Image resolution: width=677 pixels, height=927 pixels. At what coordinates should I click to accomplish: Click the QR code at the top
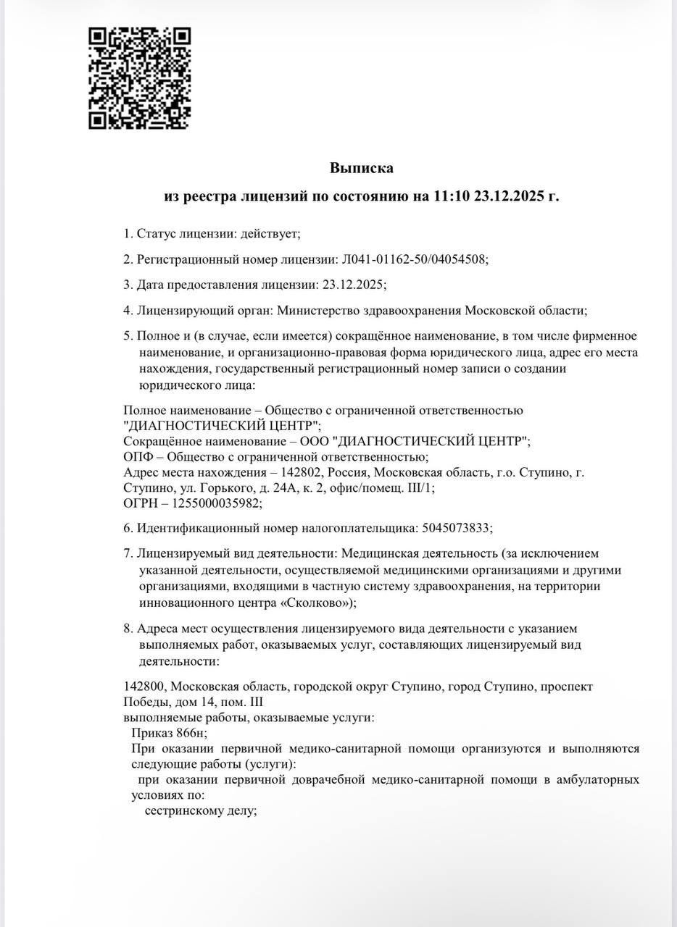pos(139,78)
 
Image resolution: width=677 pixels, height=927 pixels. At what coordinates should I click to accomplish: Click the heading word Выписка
pos(362,168)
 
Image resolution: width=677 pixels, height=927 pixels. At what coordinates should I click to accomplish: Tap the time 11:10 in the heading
pos(451,196)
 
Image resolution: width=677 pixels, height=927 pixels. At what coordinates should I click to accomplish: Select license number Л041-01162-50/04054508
pos(414,259)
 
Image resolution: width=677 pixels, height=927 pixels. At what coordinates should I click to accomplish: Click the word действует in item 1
pos(271,233)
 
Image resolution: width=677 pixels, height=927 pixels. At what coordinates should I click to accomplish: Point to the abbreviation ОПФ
pos(136,456)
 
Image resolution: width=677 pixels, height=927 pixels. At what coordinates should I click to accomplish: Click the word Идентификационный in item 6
pos(190,527)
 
